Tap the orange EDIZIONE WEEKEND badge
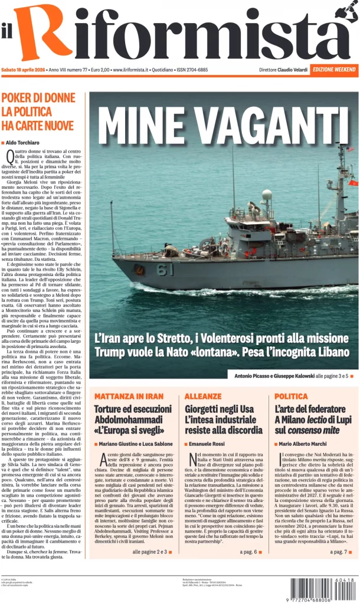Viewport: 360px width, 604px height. (333, 70)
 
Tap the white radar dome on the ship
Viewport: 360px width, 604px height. (267, 195)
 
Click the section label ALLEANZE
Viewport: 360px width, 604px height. (203, 396)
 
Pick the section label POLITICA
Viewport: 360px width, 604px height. (291, 396)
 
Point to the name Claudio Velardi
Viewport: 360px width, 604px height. (293, 70)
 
